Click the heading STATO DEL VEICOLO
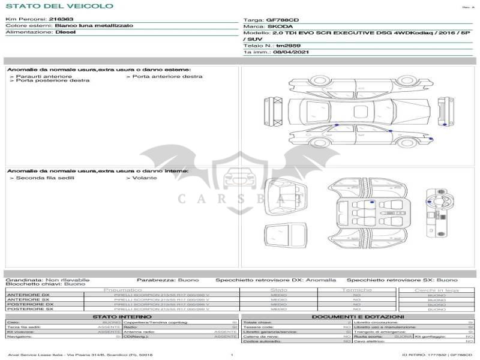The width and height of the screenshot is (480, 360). point(59,6)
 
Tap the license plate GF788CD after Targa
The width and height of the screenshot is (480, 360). point(282,20)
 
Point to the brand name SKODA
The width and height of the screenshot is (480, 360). point(280,26)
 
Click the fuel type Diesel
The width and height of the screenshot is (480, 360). point(65,32)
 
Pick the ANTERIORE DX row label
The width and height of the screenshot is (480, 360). point(28,295)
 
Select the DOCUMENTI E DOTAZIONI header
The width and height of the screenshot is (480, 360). point(358,316)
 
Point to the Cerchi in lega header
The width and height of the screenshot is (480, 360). point(436,290)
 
